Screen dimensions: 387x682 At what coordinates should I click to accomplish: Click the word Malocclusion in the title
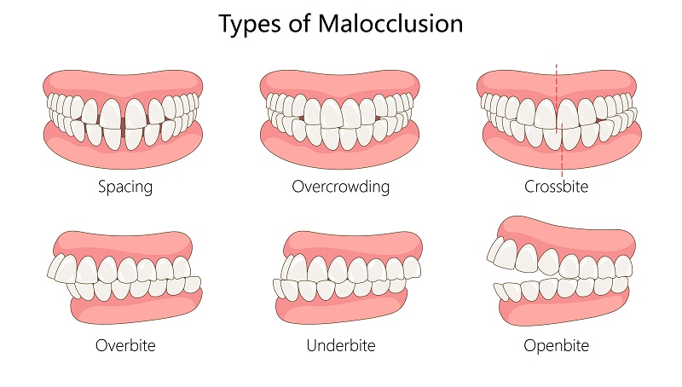[x=392, y=24]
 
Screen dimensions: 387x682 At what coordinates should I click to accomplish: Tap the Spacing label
[x=124, y=186]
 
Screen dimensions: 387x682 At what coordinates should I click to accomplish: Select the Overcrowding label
[x=340, y=186]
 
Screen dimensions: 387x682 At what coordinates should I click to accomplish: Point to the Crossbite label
[x=557, y=186]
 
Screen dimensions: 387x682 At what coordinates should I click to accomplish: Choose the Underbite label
[x=340, y=346]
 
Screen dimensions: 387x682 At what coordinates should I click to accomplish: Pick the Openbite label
[x=557, y=346]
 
